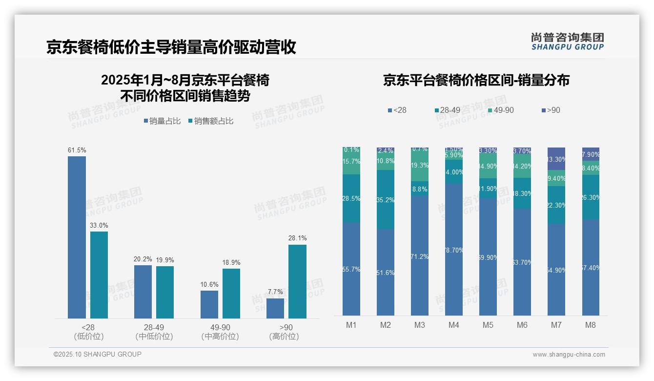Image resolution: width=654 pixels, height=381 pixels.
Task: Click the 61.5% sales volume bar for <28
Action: [x=77, y=237]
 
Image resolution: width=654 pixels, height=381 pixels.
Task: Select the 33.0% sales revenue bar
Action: [x=99, y=275]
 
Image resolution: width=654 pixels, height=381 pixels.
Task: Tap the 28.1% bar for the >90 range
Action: [x=297, y=281]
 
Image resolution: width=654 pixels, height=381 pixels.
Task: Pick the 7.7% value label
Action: [x=275, y=292]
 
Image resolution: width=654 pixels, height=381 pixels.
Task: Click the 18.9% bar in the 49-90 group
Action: [x=231, y=293]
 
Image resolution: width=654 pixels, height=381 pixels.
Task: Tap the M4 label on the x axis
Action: [x=454, y=325]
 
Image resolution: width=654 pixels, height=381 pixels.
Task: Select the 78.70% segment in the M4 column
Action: [x=454, y=249]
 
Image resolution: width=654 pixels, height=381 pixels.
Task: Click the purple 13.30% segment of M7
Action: [x=556, y=159]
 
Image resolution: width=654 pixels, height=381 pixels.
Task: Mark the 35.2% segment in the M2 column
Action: [x=386, y=200]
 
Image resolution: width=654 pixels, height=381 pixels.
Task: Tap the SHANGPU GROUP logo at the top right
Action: [x=567, y=42]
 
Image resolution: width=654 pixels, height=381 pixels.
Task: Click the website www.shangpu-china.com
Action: [x=569, y=355]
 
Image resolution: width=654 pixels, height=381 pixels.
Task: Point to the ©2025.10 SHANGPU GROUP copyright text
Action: [x=98, y=354]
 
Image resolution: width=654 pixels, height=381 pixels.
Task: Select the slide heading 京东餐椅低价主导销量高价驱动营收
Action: [x=171, y=47]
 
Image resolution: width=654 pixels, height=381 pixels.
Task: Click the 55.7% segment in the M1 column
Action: [x=351, y=269]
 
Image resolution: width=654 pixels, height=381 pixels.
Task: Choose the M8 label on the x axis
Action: [x=591, y=325]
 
